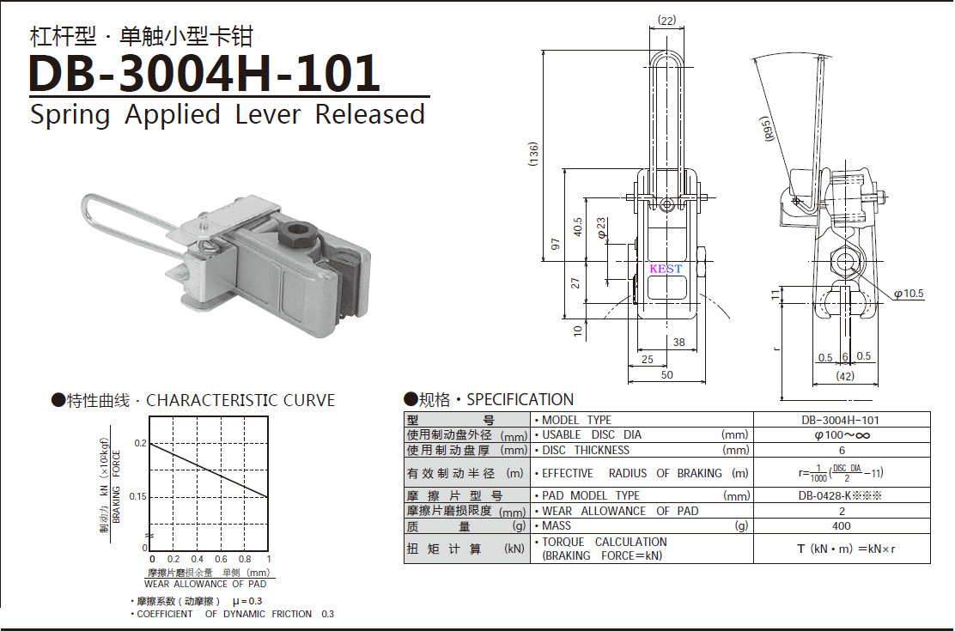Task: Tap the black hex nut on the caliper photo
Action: (298, 234)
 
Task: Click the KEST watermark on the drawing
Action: (666, 269)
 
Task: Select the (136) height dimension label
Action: (534, 155)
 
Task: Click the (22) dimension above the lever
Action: (667, 21)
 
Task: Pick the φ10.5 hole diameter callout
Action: (909, 294)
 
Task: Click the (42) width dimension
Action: (845, 376)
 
